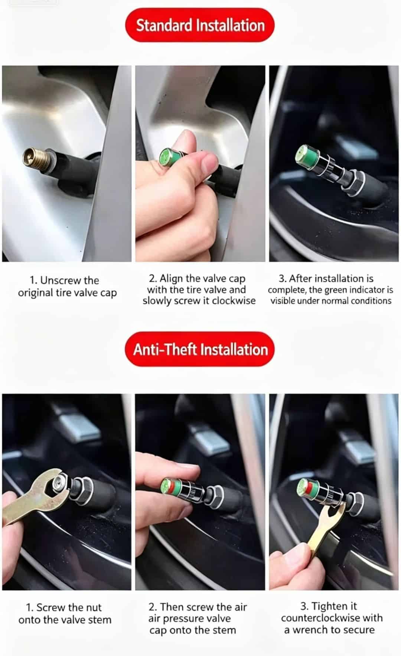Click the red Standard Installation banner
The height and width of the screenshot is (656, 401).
(200, 25)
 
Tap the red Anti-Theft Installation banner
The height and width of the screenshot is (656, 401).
(200, 349)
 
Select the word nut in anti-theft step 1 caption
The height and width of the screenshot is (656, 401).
(92, 608)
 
